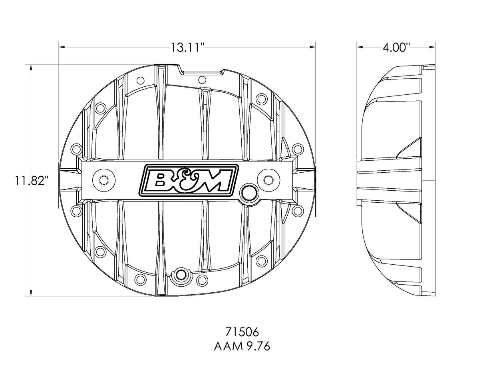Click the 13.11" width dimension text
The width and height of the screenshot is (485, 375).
click(188, 48)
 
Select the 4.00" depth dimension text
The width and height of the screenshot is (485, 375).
click(396, 48)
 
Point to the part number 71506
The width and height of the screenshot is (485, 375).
click(242, 332)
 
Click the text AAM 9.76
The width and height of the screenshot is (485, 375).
click(242, 346)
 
